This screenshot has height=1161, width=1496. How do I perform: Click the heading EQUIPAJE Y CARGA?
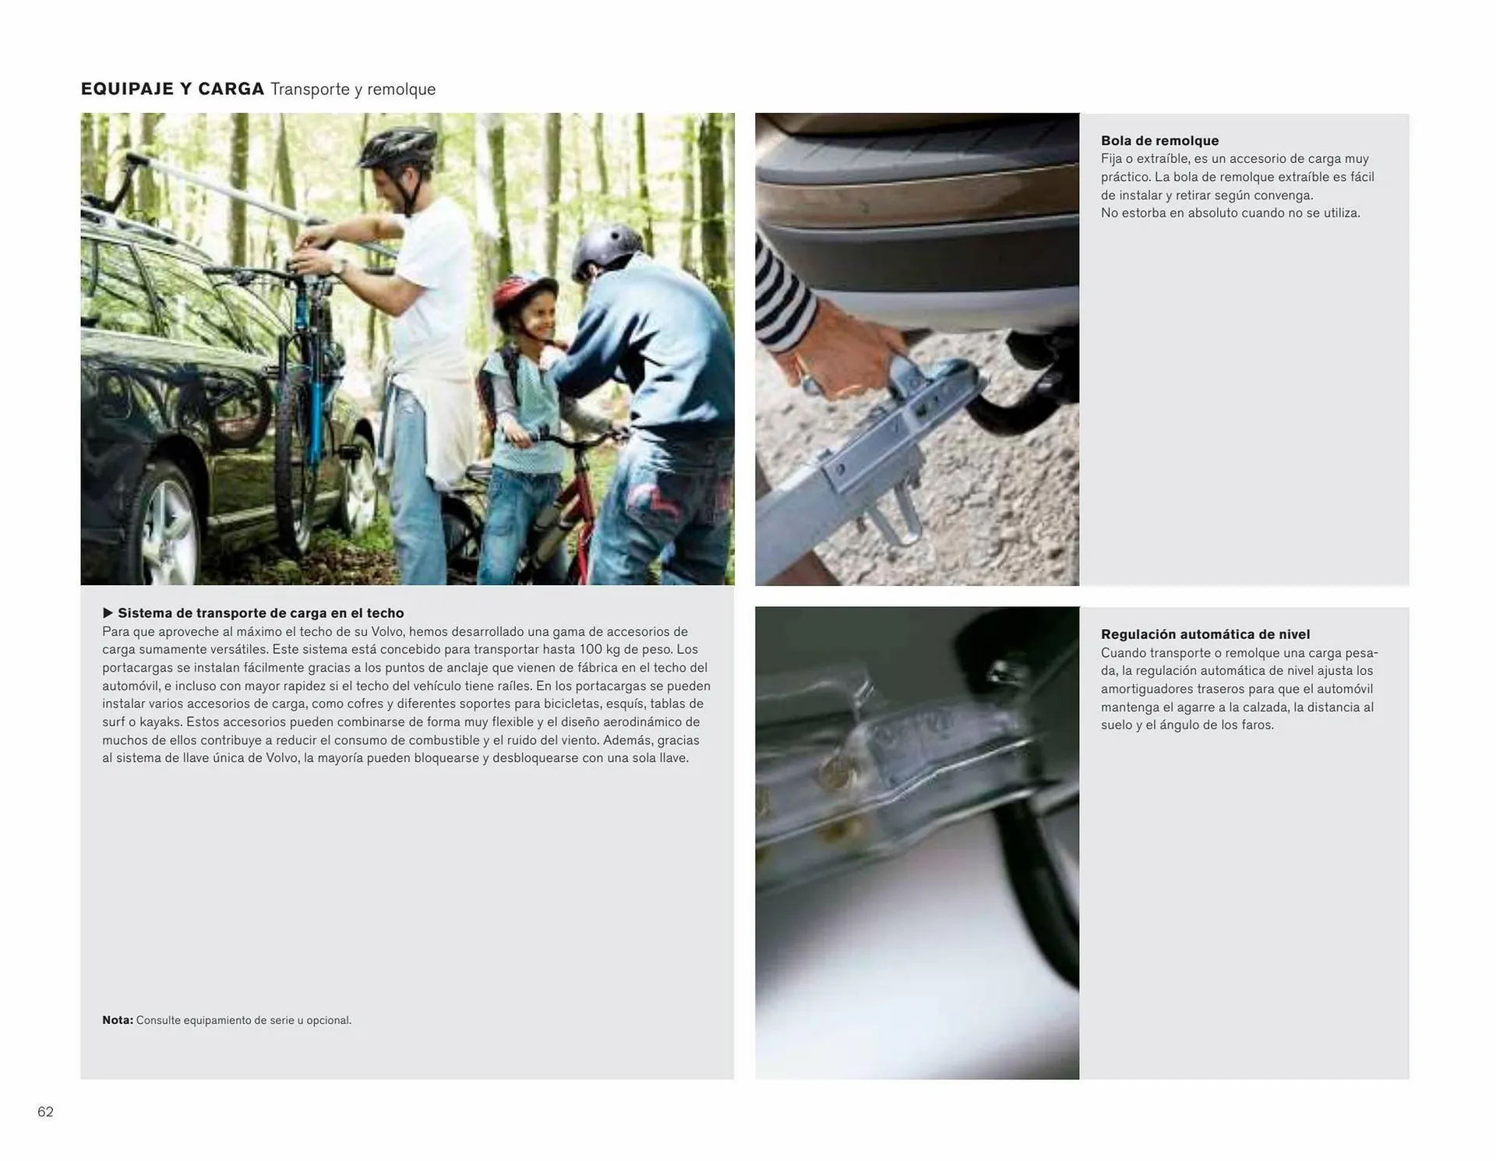pos(172,89)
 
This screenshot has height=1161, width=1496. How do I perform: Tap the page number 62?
pos(45,1112)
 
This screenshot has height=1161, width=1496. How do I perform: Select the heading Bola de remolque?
pos(1159,141)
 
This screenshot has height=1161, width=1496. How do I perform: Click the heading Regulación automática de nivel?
pos(1205,634)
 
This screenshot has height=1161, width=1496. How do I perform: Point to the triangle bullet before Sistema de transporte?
pos(108,613)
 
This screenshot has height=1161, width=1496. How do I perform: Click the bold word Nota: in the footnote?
pos(118,1020)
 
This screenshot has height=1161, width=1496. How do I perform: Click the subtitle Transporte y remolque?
pos(353,90)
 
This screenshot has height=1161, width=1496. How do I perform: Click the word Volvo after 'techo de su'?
pos(387,632)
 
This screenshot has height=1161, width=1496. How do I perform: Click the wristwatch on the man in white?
pos(340,267)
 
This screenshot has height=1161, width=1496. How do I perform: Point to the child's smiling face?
pos(538,320)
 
